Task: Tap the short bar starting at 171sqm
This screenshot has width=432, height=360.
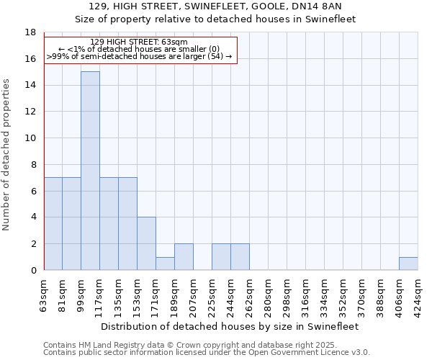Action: tap(165, 264)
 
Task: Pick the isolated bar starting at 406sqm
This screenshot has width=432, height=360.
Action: tap(408, 264)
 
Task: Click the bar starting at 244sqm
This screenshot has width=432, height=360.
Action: tap(240, 257)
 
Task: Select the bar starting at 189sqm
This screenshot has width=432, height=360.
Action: tap(184, 257)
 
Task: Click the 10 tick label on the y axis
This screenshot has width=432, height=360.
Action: tap(30, 138)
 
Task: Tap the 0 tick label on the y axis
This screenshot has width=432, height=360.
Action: tap(33, 271)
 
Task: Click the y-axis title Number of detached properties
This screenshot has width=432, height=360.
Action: tap(7, 155)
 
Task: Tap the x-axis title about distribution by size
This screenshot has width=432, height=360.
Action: tap(230, 326)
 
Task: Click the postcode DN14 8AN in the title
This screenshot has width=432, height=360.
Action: tap(326, 6)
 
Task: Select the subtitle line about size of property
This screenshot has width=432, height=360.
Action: tap(215, 19)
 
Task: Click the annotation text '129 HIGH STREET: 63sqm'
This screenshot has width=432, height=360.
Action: tap(140, 42)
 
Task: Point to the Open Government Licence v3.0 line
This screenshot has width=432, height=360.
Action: tap(207, 352)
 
